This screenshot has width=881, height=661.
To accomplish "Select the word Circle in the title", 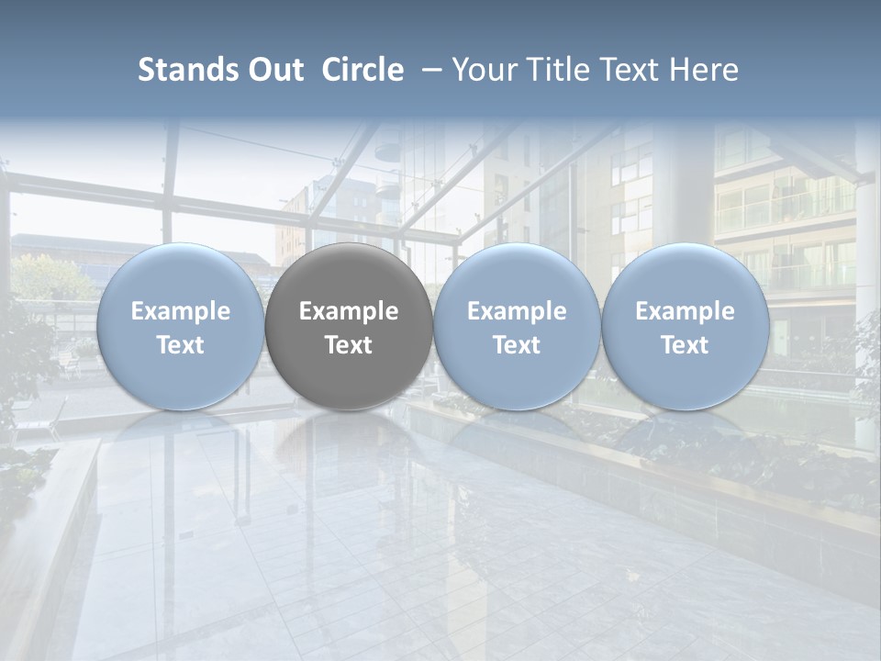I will tap(362, 70).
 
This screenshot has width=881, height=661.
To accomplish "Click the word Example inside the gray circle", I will tap(349, 311).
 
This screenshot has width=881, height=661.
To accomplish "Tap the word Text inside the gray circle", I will tap(349, 345).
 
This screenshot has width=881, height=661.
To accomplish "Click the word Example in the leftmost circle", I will tap(180, 311).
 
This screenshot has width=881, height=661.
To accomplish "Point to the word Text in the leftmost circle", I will tap(180, 345).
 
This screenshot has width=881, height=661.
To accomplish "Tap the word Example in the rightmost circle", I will tap(685, 311).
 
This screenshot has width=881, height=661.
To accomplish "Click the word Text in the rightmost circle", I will tap(685, 345).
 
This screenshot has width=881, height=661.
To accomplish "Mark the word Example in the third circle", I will tap(517, 311).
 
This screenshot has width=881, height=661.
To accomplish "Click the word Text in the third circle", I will tap(517, 345).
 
